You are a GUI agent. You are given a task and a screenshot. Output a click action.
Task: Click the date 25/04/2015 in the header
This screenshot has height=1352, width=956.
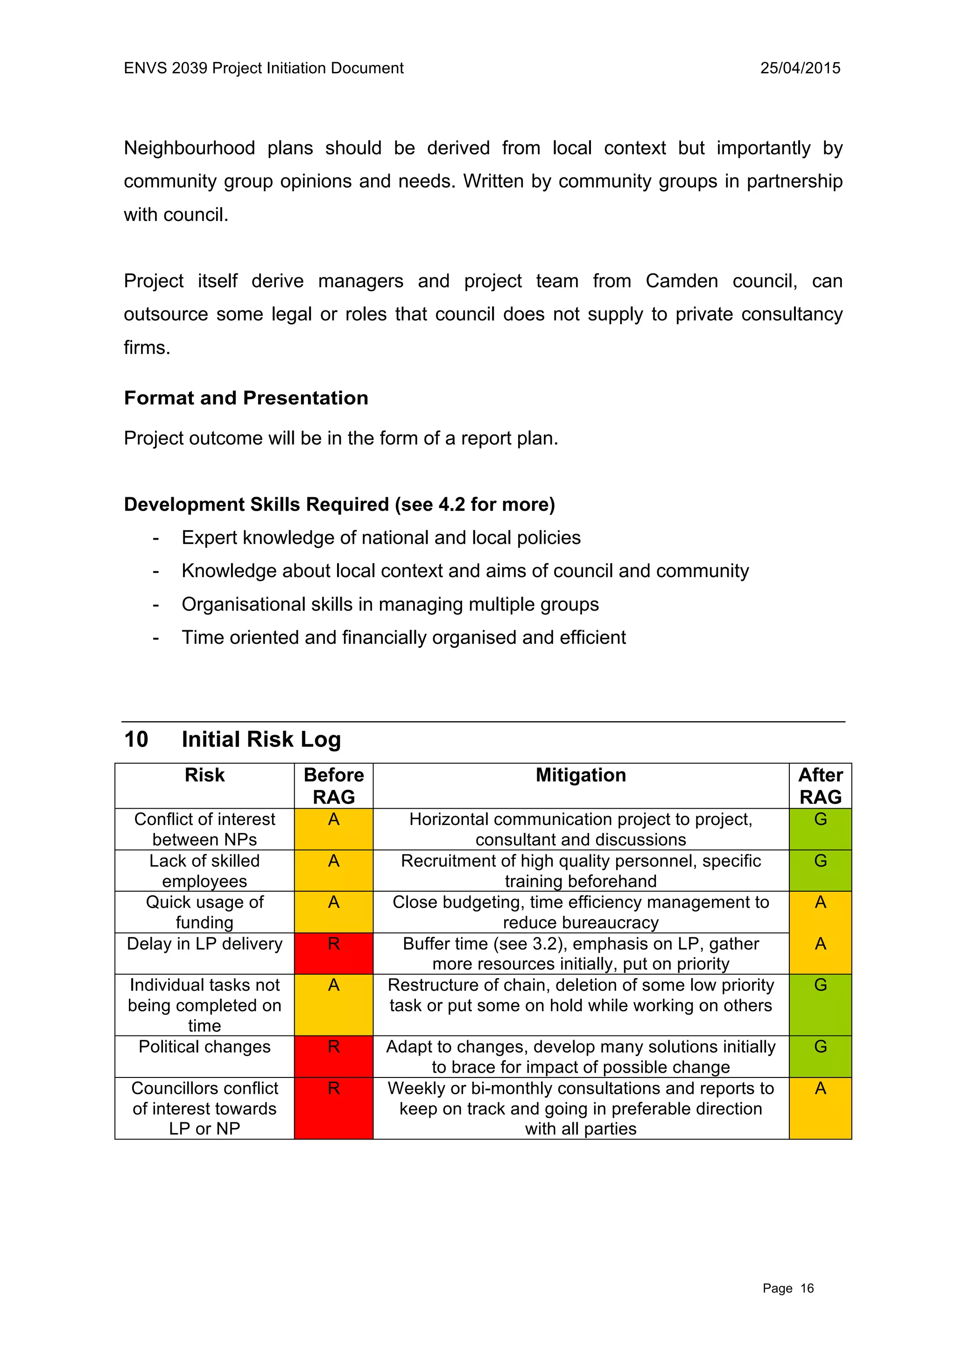[x=800, y=68]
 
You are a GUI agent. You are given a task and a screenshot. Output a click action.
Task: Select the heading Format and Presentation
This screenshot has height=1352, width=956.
[x=246, y=398]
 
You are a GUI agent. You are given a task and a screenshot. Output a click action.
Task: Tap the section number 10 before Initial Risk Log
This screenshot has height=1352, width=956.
[x=136, y=739]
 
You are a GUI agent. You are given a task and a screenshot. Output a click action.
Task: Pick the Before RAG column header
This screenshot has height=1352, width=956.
[x=333, y=786]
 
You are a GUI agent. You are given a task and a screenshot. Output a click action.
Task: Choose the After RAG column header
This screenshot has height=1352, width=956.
[x=820, y=786]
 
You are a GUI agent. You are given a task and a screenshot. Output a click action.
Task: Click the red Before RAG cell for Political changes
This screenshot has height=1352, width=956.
[x=333, y=1056]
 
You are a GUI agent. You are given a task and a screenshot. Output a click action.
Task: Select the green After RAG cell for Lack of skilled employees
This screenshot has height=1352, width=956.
[x=820, y=870]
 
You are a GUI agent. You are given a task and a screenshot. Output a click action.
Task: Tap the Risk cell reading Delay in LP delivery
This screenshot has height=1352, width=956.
[x=204, y=944]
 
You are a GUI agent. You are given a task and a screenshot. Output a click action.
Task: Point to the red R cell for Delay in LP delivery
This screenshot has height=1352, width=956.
[x=333, y=953]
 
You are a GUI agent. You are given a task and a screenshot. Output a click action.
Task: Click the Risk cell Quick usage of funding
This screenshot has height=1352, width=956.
[x=204, y=912]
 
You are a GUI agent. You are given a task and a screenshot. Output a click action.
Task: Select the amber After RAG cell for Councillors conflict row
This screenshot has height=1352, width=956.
[x=820, y=1108]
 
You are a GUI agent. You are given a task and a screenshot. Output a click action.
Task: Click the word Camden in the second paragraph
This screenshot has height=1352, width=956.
[x=681, y=281]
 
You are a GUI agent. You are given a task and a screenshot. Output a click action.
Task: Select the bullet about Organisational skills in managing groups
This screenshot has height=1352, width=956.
[x=390, y=604]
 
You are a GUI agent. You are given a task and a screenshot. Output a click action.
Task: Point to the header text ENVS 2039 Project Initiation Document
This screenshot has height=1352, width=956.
[x=264, y=68]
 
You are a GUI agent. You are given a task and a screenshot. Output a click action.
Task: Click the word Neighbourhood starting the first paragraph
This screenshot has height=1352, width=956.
[x=189, y=148]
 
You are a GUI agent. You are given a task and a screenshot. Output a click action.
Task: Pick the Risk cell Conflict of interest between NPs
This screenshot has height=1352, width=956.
[x=204, y=829]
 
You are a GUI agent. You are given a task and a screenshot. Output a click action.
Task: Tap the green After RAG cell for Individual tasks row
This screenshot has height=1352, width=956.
[x=820, y=1005]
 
